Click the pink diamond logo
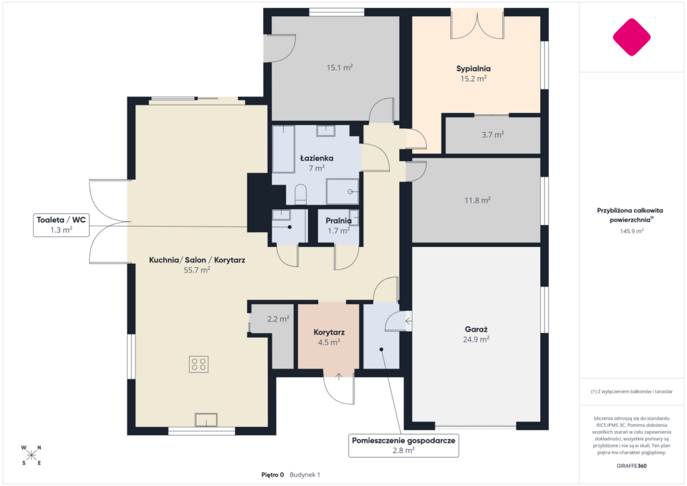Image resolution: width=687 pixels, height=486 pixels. tap(631, 37)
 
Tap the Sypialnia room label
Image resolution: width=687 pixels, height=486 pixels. tap(473, 68)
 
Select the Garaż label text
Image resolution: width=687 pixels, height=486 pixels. tap(476, 329)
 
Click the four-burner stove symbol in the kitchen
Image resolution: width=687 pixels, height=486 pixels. tap(199, 364)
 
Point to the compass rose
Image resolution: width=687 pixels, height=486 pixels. tap(31, 455)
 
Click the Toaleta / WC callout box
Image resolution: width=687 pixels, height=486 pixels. tap(61, 225)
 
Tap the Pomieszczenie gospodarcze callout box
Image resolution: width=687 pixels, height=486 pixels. tap(403, 445)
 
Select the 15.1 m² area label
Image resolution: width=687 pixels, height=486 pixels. tap(339, 68)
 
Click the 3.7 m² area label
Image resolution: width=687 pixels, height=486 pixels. tap(493, 135)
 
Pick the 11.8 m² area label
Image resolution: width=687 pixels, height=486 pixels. tap(477, 200)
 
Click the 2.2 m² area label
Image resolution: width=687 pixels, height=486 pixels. tap(278, 319)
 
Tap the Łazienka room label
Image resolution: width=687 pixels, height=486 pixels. tap(317, 158)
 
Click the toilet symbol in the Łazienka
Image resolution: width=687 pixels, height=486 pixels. tap(301, 194)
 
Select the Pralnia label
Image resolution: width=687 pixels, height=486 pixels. tap(338, 220)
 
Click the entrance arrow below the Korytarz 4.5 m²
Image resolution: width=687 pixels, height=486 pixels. tap(339, 377)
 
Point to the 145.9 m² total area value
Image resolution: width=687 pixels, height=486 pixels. tap(631, 231)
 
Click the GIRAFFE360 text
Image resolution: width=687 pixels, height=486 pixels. tap(631, 466)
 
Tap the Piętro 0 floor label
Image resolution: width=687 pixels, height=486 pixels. tap(272, 475)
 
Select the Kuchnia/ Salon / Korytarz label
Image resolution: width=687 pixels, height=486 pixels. tap(197, 260)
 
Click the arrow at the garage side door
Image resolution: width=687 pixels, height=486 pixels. tap(409, 322)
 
